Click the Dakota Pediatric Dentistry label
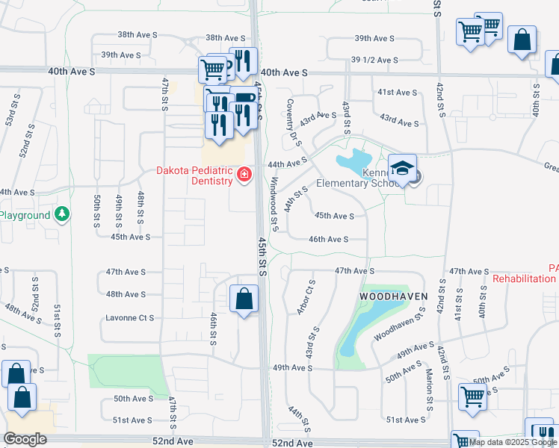tap(194, 175)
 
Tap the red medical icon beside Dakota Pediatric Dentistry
tap(243, 175)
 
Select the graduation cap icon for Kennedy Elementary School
tap(402, 167)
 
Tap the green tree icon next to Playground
tap(63, 215)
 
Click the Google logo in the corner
tap(25, 439)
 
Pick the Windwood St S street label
tap(274, 204)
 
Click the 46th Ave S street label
tap(329, 239)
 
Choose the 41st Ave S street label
tap(397, 92)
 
